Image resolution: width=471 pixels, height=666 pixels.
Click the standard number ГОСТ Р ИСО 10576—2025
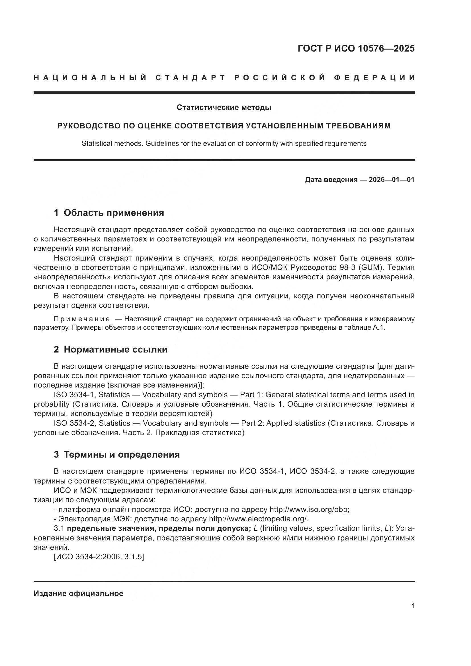click(x=356, y=48)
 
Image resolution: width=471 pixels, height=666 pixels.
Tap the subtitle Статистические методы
click(x=224, y=108)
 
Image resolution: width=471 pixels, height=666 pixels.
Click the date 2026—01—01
click(x=391, y=180)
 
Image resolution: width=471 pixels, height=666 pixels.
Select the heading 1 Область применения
click(x=109, y=213)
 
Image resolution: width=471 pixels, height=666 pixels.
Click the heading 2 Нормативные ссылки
click(x=110, y=350)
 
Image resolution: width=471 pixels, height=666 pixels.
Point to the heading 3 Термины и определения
click(x=116, y=454)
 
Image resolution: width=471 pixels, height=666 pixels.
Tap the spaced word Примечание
click(x=82, y=319)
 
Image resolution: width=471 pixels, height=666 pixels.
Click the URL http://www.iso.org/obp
click(x=309, y=510)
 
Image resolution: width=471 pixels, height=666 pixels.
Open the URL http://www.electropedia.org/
click(x=258, y=519)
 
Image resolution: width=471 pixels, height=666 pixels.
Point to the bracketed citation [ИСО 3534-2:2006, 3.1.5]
click(x=99, y=557)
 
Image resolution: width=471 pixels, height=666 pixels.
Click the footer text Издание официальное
click(x=78, y=593)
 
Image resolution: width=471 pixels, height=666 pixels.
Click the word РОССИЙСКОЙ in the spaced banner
click(x=280, y=78)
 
